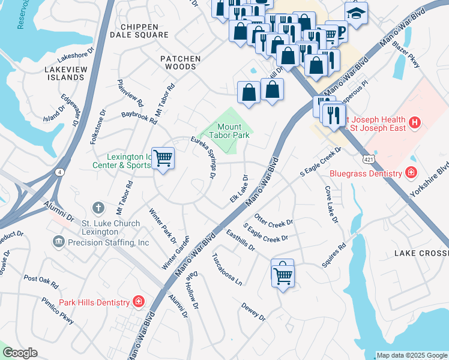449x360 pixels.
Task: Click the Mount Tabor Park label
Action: [x=233, y=131]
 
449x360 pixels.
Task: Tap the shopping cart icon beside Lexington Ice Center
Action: [x=163, y=158]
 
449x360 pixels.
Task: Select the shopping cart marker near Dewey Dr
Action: [x=283, y=275]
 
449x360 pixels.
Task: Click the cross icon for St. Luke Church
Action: [x=99, y=208]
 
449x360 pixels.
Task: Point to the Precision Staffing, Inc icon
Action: [x=59, y=242]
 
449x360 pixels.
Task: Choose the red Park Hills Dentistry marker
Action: [x=139, y=302]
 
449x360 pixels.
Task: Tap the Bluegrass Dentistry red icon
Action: [x=411, y=174]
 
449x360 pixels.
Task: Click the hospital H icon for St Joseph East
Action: [x=414, y=124]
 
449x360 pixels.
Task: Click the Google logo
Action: [x=19, y=353]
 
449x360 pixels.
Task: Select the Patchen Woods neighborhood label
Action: [x=180, y=62]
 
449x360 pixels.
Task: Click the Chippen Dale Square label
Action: [x=139, y=31]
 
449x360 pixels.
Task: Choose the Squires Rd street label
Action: [x=334, y=256]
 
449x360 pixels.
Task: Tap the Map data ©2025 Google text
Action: [x=411, y=355]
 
